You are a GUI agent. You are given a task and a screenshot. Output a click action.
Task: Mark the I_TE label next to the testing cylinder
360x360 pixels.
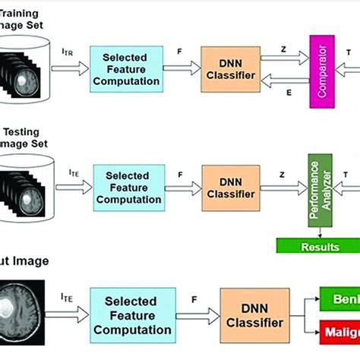pyautogui.click(x=74, y=174)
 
